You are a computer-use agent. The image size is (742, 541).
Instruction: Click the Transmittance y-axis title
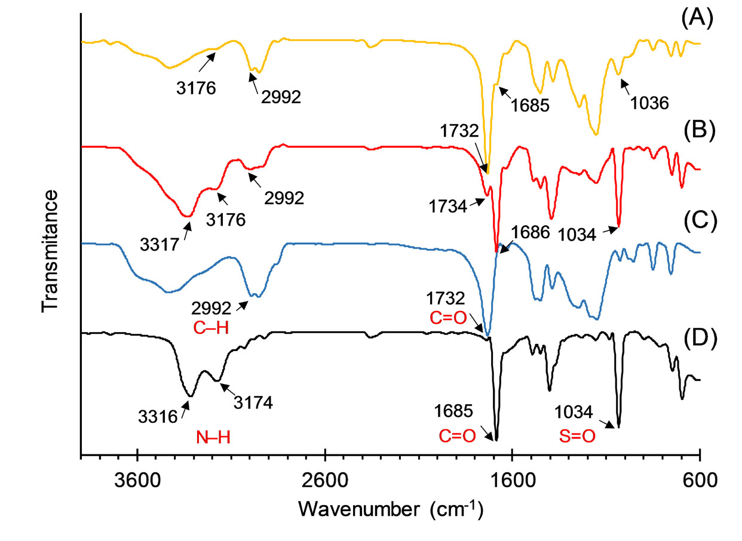tap(50, 251)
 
